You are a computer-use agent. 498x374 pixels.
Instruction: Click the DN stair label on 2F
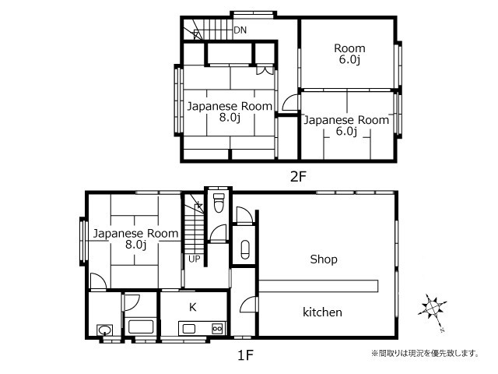[240, 30]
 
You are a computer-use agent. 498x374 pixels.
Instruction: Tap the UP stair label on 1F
[195, 259]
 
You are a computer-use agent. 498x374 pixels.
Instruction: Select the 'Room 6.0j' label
[349, 54]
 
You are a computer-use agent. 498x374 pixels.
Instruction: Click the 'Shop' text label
[324, 259]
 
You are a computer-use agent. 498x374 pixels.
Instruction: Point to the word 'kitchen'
[322, 312]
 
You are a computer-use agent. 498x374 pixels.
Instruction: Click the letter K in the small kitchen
[192, 307]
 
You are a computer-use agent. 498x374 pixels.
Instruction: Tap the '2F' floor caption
[298, 177]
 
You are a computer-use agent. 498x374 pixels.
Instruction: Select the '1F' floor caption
[245, 355]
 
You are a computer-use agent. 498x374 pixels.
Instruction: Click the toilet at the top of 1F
[219, 203]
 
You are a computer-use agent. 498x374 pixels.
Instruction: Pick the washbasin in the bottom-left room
[104, 330]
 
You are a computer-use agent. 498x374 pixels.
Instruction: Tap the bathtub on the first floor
[140, 326]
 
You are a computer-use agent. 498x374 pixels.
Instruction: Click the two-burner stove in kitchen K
[217, 329]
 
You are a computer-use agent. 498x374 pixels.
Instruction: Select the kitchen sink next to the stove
[189, 329]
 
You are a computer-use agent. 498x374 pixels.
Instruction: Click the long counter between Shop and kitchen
[318, 286]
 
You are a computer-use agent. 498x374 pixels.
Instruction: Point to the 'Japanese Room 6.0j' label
[346, 125]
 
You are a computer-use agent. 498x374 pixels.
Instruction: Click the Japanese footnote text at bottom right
[425, 353]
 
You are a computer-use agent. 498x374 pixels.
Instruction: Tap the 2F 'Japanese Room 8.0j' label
[230, 111]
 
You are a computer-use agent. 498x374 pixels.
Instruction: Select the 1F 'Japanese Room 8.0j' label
[135, 239]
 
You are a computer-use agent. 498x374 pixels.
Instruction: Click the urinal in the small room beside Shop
[245, 249]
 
